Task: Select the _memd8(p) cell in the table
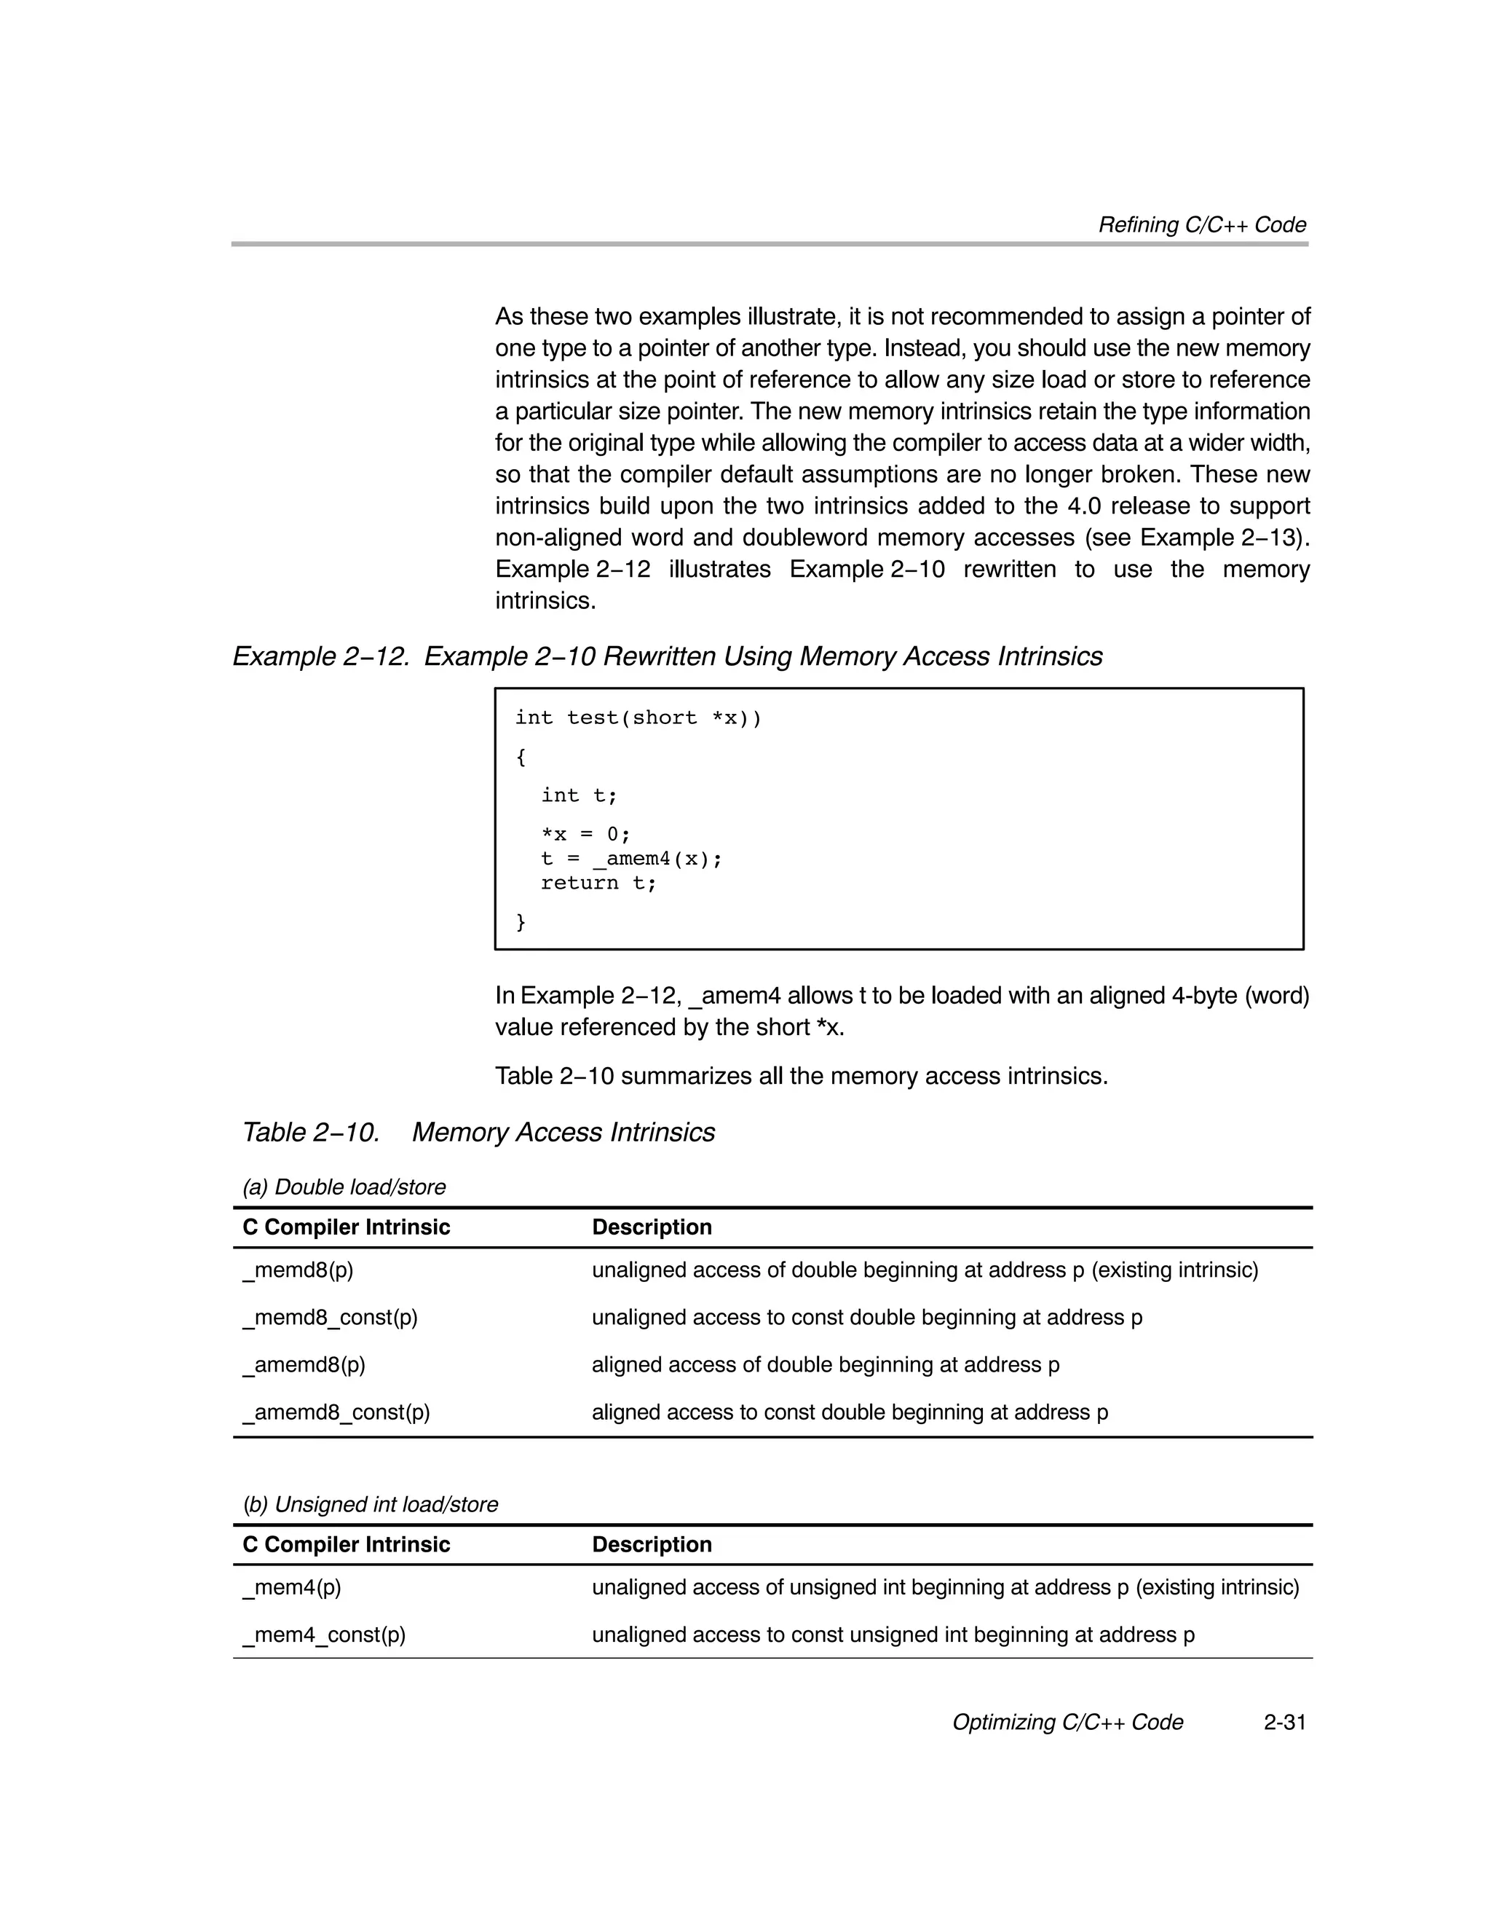pyautogui.click(x=298, y=1270)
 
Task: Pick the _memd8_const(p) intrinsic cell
pyautogui.click(x=330, y=1318)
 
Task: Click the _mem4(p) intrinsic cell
pyautogui.click(x=292, y=1587)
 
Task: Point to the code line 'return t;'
pyautogui.click(x=598, y=882)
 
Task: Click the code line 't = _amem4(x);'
pyautogui.click(x=631, y=859)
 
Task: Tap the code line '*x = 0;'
pyautogui.click(x=585, y=835)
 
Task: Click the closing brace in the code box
pyautogui.click(x=521, y=922)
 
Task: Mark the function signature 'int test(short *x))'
pyautogui.click(x=637, y=718)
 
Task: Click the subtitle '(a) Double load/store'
pyautogui.click(x=344, y=1187)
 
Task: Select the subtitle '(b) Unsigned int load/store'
pyautogui.click(x=371, y=1504)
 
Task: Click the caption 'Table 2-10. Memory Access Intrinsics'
pyautogui.click(x=478, y=1132)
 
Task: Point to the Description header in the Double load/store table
pyautogui.click(x=652, y=1227)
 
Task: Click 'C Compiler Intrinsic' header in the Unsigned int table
pyautogui.click(x=346, y=1545)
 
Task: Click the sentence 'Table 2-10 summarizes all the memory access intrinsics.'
pyautogui.click(x=800, y=1076)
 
